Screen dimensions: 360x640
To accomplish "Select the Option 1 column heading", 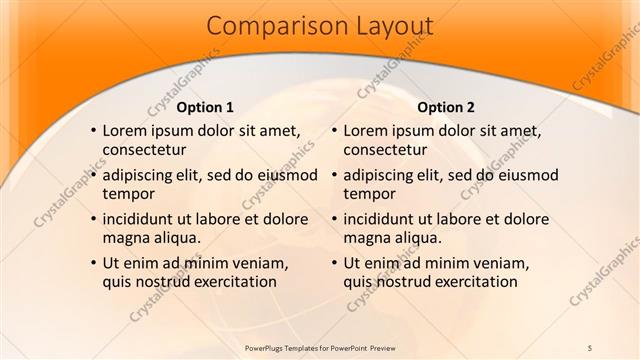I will tap(205, 107).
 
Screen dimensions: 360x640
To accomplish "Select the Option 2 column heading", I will tap(446, 107).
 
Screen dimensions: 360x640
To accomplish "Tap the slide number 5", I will tap(590, 346).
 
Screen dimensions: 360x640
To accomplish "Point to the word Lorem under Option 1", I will tap(125, 130).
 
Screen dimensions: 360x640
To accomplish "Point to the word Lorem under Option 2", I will tap(366, 130).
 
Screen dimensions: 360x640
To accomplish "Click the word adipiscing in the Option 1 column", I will tap(141, 174).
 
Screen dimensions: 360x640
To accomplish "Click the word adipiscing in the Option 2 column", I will tap(382, 174).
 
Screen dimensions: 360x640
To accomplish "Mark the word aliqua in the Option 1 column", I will tap(175, 237).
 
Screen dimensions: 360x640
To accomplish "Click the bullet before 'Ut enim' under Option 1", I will tap(93, 263).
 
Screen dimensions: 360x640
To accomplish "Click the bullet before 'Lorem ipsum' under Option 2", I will tap(334, 130).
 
